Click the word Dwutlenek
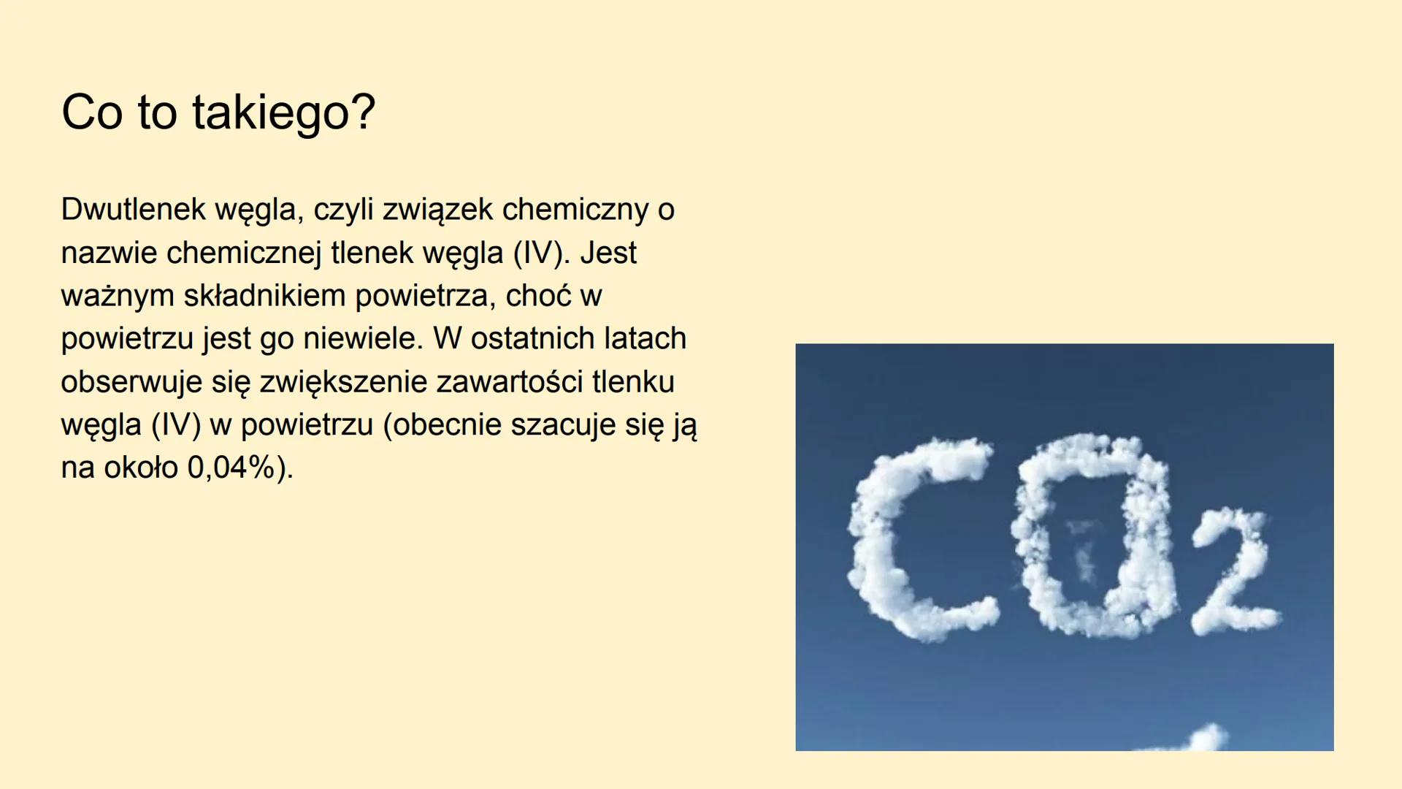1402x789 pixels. point(134,210)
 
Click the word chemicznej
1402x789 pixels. point(243,253)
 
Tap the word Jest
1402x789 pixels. point(608,253)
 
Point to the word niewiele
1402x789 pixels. point(363,338)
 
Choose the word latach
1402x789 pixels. point(642,338)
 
